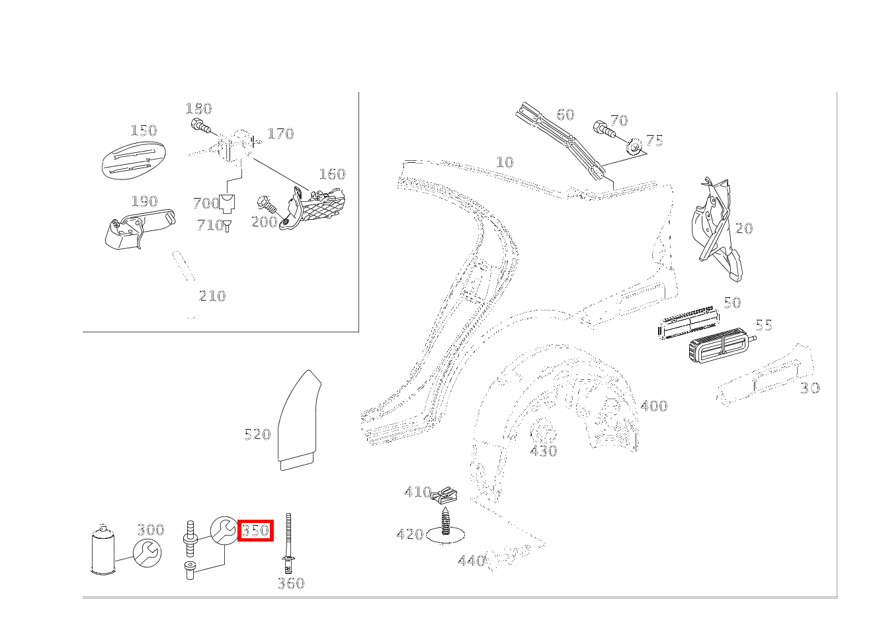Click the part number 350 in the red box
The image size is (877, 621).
(x=255, y=530)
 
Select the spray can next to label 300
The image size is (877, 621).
(x=103, y=550)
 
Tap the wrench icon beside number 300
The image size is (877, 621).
(x=147, y=552)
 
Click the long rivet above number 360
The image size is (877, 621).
(x=288, y=543)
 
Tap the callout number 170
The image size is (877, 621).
(x=280, y=134)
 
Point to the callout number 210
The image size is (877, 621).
(x=212, y=296)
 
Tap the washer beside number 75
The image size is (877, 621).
(x=634, y=145)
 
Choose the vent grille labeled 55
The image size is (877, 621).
(x=718, y=348)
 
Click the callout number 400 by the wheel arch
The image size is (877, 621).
(x=653, y=406)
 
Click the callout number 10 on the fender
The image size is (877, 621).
(x=504, y=162)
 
